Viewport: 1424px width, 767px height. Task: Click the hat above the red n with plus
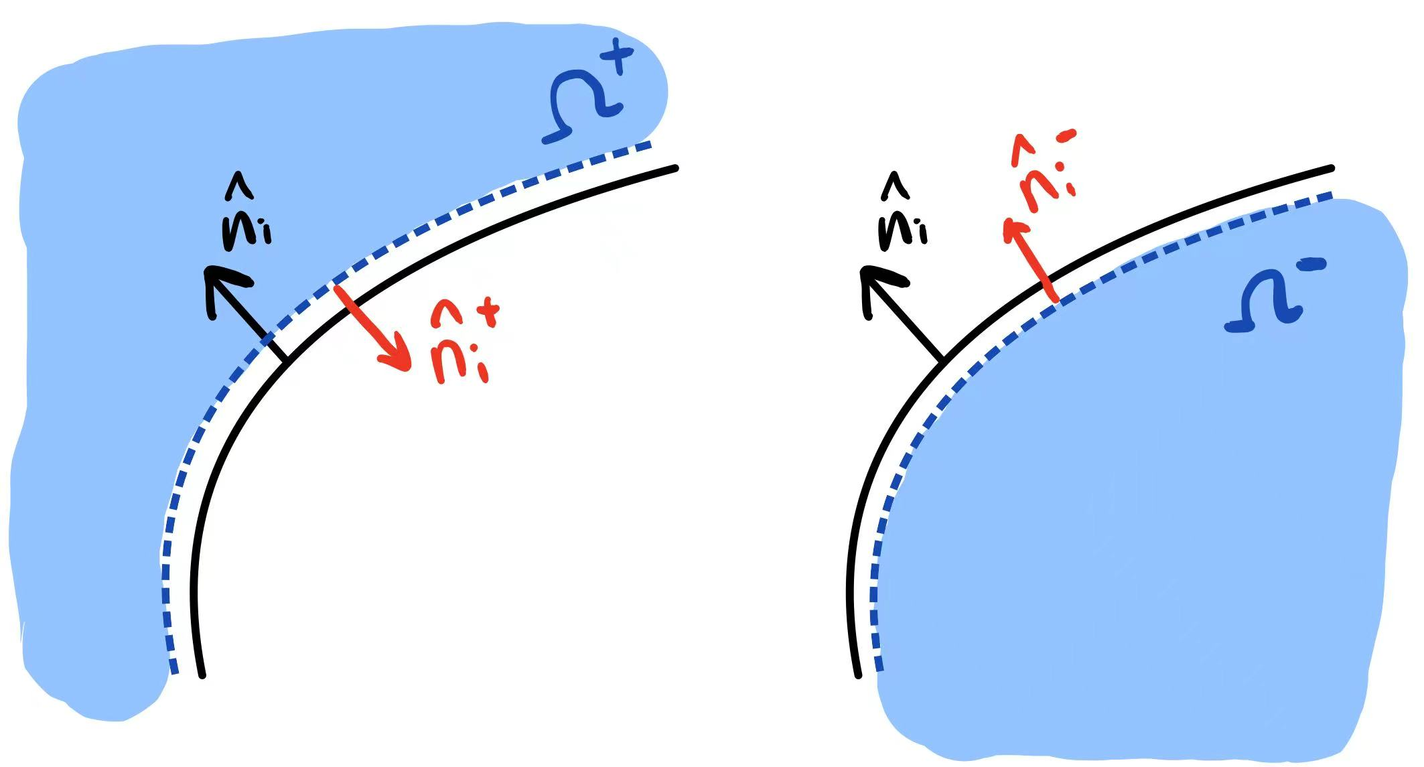pyautogui.click(x=444, y=309)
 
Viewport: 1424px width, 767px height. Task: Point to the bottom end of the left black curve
pyautogui.click(x=202, y=675)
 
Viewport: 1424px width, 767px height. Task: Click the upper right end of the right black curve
pyautogui.click(x=1331, y=167)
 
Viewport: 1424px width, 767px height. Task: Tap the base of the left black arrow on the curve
pyautogui.click(x=286, y=360)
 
